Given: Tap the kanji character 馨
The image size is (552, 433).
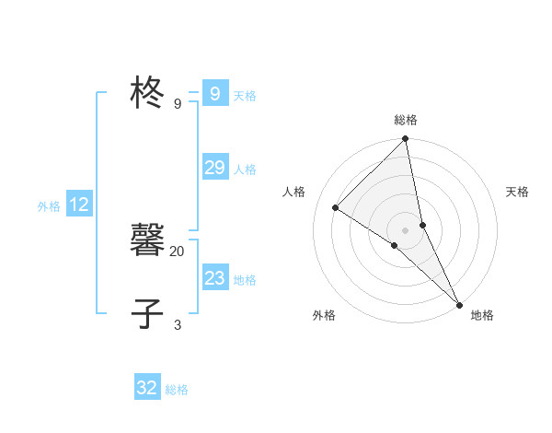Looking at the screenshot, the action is (147, 240).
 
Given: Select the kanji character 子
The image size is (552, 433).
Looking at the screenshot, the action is (147, 313).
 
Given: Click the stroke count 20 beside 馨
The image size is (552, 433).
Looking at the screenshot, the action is (178, 251).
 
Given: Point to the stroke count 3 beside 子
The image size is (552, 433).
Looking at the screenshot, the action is (178, 324).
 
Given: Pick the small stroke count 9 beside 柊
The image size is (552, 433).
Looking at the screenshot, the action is (178, 104).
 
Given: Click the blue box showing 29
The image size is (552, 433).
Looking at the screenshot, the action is (214, 167).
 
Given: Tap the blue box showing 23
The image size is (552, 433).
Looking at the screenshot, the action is (214, 278).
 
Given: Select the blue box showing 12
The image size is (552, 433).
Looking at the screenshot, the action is (79, 205).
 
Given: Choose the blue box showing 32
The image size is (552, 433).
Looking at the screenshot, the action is (147, 388).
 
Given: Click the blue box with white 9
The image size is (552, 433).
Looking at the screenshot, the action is (214, 94).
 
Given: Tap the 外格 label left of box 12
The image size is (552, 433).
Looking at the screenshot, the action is (49, 206).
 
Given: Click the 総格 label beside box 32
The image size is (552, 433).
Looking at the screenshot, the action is (177, 390).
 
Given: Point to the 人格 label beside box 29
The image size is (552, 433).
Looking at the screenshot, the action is (245, 169).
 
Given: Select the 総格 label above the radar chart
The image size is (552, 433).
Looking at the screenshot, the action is (406, 120).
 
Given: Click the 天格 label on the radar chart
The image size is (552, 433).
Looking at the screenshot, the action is (518, 192).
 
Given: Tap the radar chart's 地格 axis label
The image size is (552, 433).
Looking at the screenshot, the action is (482, 315).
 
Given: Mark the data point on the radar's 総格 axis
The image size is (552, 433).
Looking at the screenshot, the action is (406, 139).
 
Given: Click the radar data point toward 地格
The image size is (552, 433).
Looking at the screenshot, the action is (458, 304).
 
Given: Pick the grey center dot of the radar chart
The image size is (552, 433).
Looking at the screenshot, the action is (406, 230).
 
